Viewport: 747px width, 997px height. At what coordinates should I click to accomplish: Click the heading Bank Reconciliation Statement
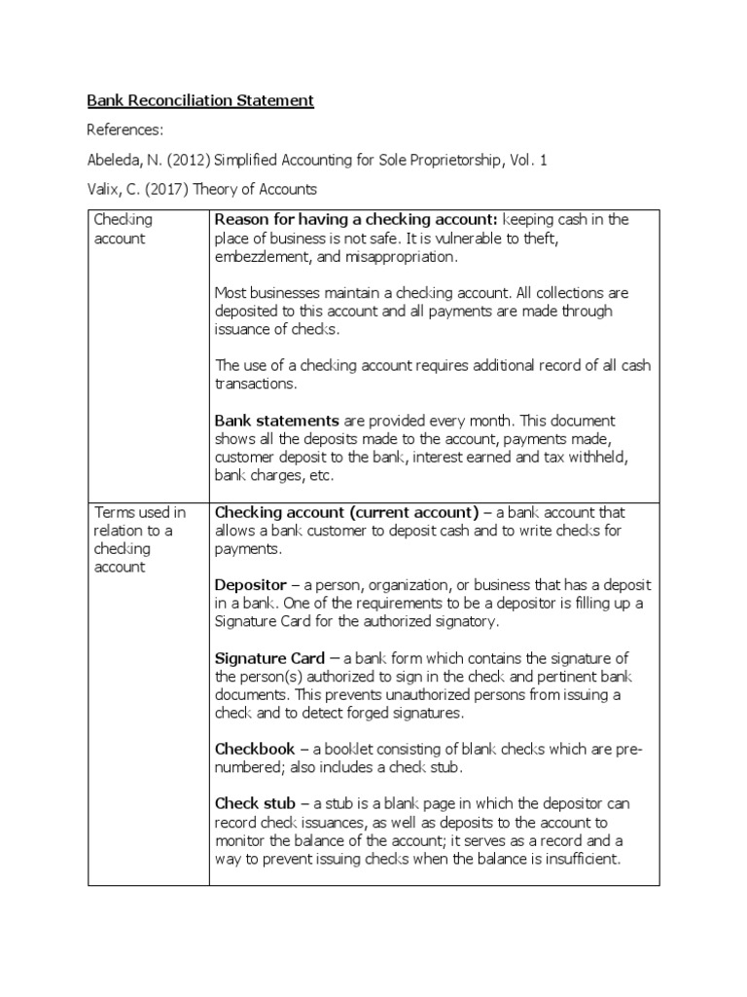pos(200,100)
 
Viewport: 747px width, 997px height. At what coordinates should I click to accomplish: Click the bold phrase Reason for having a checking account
pos(356,220)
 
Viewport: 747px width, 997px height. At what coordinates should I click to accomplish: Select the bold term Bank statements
pos(276,421)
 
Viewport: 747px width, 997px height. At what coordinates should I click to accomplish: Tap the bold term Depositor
pos(250,585)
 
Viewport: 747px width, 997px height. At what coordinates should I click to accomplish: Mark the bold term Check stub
pos(255,804)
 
